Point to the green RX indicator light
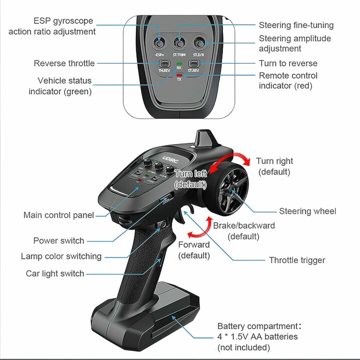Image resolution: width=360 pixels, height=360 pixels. click(179, 64)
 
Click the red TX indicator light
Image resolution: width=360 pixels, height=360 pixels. click(179, 75)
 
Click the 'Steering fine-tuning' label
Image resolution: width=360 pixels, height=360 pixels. click(296, 25)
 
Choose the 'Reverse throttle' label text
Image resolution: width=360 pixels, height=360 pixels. click(64, 63)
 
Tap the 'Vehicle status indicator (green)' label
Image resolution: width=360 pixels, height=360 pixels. click(60, 86)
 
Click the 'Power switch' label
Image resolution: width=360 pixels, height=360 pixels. click(58, 240)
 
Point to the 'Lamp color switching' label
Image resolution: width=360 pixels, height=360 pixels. click(61, 256)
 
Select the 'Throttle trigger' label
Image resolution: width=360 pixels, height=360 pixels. click(297, 260)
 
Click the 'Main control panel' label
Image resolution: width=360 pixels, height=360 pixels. click(58, 215)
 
